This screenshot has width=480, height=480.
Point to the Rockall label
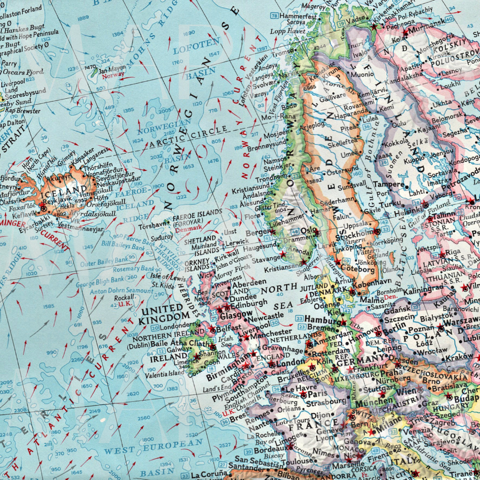point(124,297)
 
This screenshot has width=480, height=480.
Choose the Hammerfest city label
point(297,16)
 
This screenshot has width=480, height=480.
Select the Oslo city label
point(308,230)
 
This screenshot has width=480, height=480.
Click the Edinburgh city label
point(249,303)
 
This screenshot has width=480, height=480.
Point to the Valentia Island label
point(164,374)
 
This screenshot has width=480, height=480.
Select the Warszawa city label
point(458,321)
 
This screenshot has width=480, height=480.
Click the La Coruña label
point(208,475)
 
